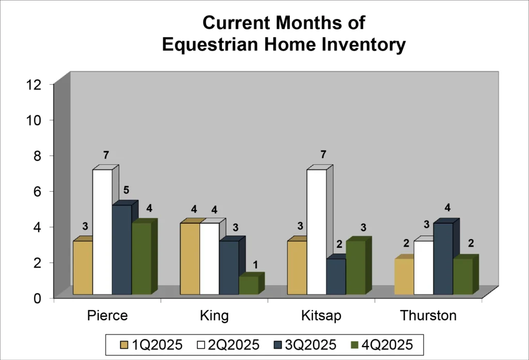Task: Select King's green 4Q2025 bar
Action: tap(248, 285)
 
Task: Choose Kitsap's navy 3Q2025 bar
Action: tap(336, 276)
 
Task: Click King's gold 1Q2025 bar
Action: tap(190, 258)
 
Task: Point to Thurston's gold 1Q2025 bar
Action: tap(404, 276)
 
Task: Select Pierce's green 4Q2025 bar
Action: tap(141, 258)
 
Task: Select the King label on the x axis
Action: tap(214, 316)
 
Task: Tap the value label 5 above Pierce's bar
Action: tap(126, 190)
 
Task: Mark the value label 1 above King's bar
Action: tap(255, 264)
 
